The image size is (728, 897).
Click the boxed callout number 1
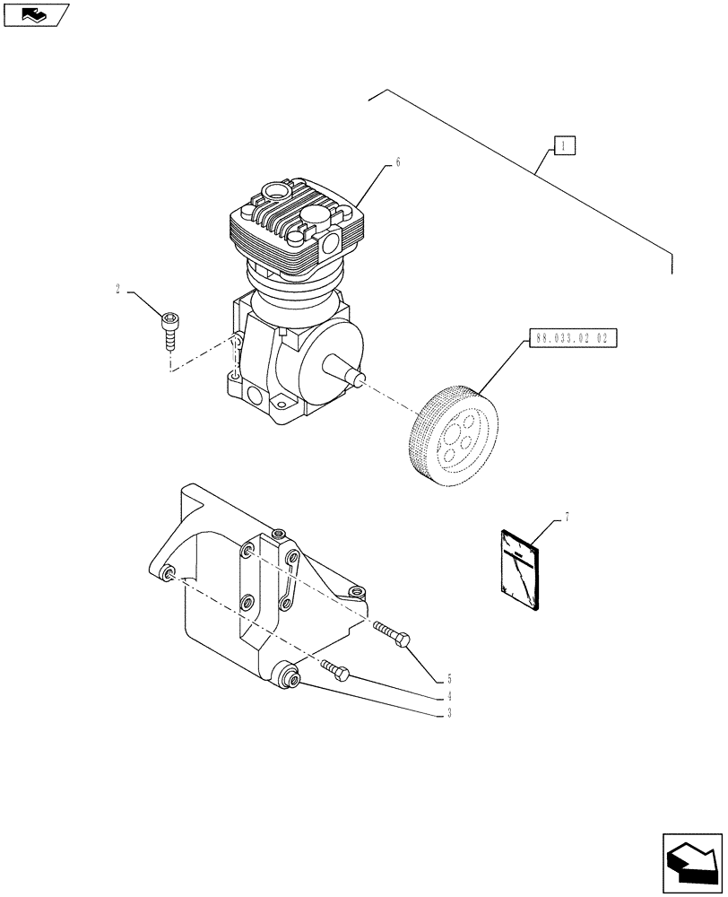564,145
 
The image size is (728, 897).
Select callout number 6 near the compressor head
397,162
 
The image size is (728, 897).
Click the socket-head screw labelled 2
170,328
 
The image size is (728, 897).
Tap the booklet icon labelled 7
519,570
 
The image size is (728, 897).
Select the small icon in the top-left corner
34,13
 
